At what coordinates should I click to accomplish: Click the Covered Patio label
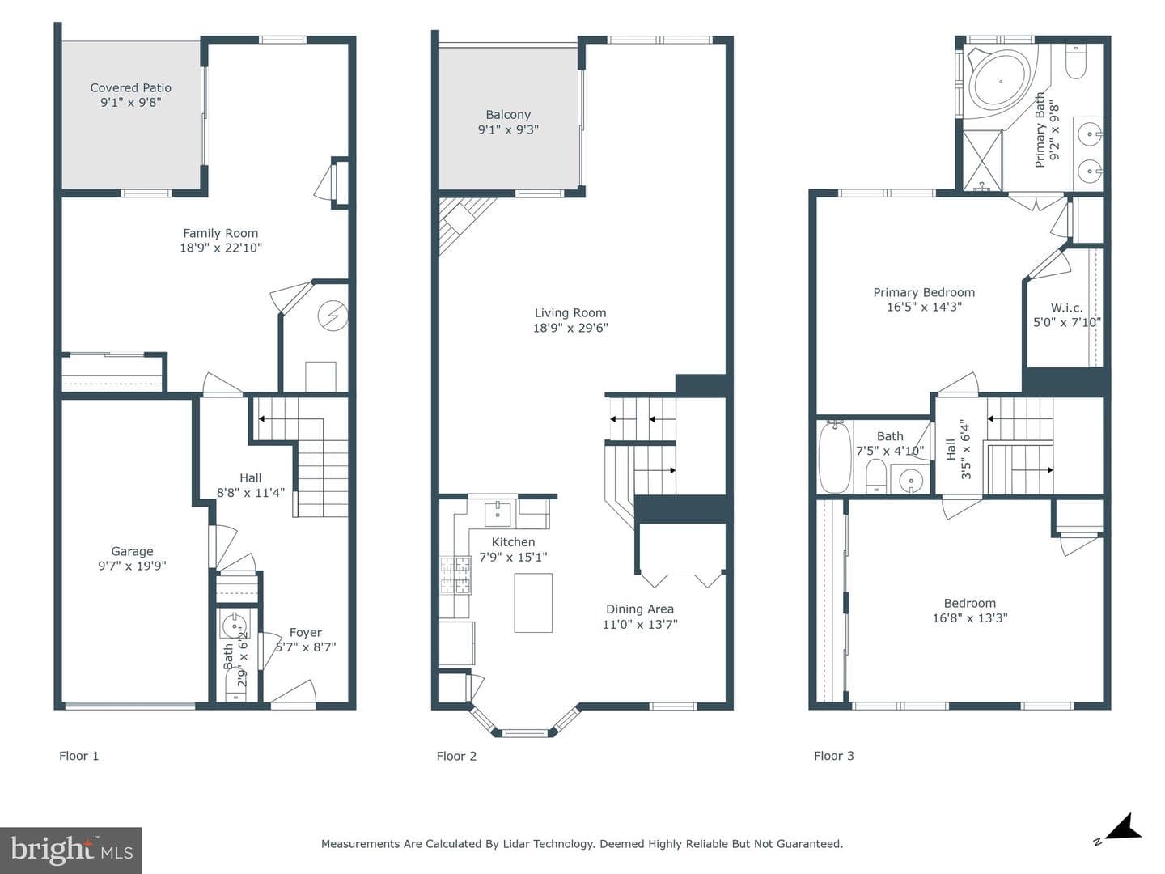point(130,88)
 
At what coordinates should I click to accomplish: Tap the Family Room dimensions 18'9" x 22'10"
point(221,248)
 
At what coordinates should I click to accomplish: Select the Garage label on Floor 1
point(132,551)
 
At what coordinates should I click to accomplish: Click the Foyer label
point(306,633)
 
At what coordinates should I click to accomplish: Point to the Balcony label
point(508,115)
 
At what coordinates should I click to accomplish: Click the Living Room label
point(570,313)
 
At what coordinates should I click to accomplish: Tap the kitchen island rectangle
point(533,603)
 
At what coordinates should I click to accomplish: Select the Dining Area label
point(640,609)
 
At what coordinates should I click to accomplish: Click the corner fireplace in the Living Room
point(462,223)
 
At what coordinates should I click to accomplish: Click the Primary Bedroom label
point(924,292)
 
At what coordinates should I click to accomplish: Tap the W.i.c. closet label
point(1067,308)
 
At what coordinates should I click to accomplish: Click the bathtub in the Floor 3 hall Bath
point(835,457)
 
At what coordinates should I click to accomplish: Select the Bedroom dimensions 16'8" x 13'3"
point(970,618)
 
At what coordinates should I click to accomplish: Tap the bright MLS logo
point(71,850)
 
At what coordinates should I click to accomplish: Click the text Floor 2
point(456,756)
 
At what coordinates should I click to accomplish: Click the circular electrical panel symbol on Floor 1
point(333,316)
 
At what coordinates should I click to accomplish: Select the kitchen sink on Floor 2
point(498,514)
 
